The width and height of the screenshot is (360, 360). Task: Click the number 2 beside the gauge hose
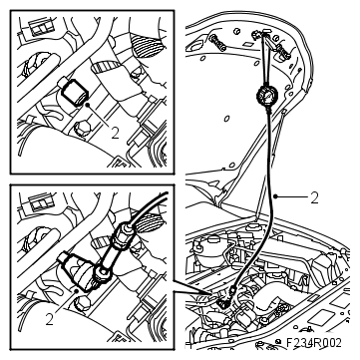(314, 197)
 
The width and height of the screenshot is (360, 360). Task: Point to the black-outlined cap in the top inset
(72, 93)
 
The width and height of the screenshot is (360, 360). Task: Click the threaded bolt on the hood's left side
(215, 41)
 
